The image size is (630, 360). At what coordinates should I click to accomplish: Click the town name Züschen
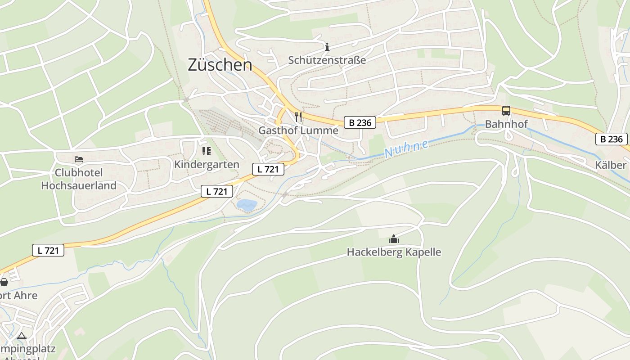coord(220,65)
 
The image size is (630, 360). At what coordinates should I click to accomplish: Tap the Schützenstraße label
coord(327,60)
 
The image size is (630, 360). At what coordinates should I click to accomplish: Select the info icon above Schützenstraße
coord(327,46)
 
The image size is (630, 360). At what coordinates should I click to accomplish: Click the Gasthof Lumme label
coord(298,130)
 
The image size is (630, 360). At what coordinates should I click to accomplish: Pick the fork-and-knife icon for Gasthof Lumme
coord(298,117)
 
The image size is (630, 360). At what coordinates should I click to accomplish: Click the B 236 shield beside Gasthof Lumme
coord(360,122)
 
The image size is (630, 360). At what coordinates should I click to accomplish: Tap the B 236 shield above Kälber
coord(612,139)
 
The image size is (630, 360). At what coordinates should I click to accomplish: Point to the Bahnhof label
coord(506,124)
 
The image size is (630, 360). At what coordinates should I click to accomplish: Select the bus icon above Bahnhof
coord(506,111)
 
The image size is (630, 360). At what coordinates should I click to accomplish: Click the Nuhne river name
coord(406,149)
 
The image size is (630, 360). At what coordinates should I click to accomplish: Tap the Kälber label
coord(611,165)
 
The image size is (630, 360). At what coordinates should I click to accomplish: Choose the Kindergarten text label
coord(207,164)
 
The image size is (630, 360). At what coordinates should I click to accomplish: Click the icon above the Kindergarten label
coord(207,151)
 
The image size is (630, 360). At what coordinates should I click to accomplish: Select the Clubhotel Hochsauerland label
coord(79,179)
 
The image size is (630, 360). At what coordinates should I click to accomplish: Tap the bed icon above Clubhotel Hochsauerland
coord(79,159)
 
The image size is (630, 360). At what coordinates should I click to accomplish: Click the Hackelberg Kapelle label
coord(394,252)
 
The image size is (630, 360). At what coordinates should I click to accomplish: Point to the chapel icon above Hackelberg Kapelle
coord(394,239)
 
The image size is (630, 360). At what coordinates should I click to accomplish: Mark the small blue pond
coord(247,205)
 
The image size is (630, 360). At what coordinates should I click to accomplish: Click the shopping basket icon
coord(4,282)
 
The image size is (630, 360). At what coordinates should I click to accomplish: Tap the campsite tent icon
coord(21,336)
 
